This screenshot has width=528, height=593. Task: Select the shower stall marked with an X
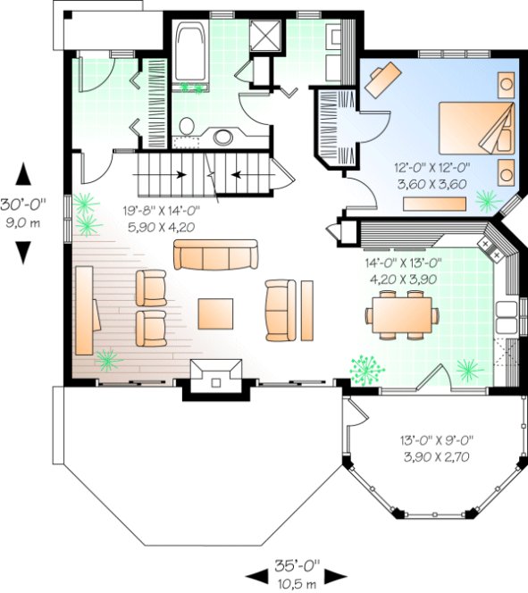[x=265, y=35]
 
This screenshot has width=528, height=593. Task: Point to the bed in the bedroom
[x=479, y=129]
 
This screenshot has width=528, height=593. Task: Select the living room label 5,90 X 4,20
[x=161, y=227]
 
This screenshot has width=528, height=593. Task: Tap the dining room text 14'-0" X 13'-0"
[x=403, y=263]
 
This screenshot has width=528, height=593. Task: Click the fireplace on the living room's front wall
[x=215, y=375]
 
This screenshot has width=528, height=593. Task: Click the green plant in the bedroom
[x=488, y=198]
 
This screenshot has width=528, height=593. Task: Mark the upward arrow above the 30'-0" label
[x=24, y=174]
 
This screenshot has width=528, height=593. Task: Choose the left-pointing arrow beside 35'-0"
[x=254, y=573]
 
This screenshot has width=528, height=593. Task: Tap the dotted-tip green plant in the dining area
[x=365, y=368]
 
